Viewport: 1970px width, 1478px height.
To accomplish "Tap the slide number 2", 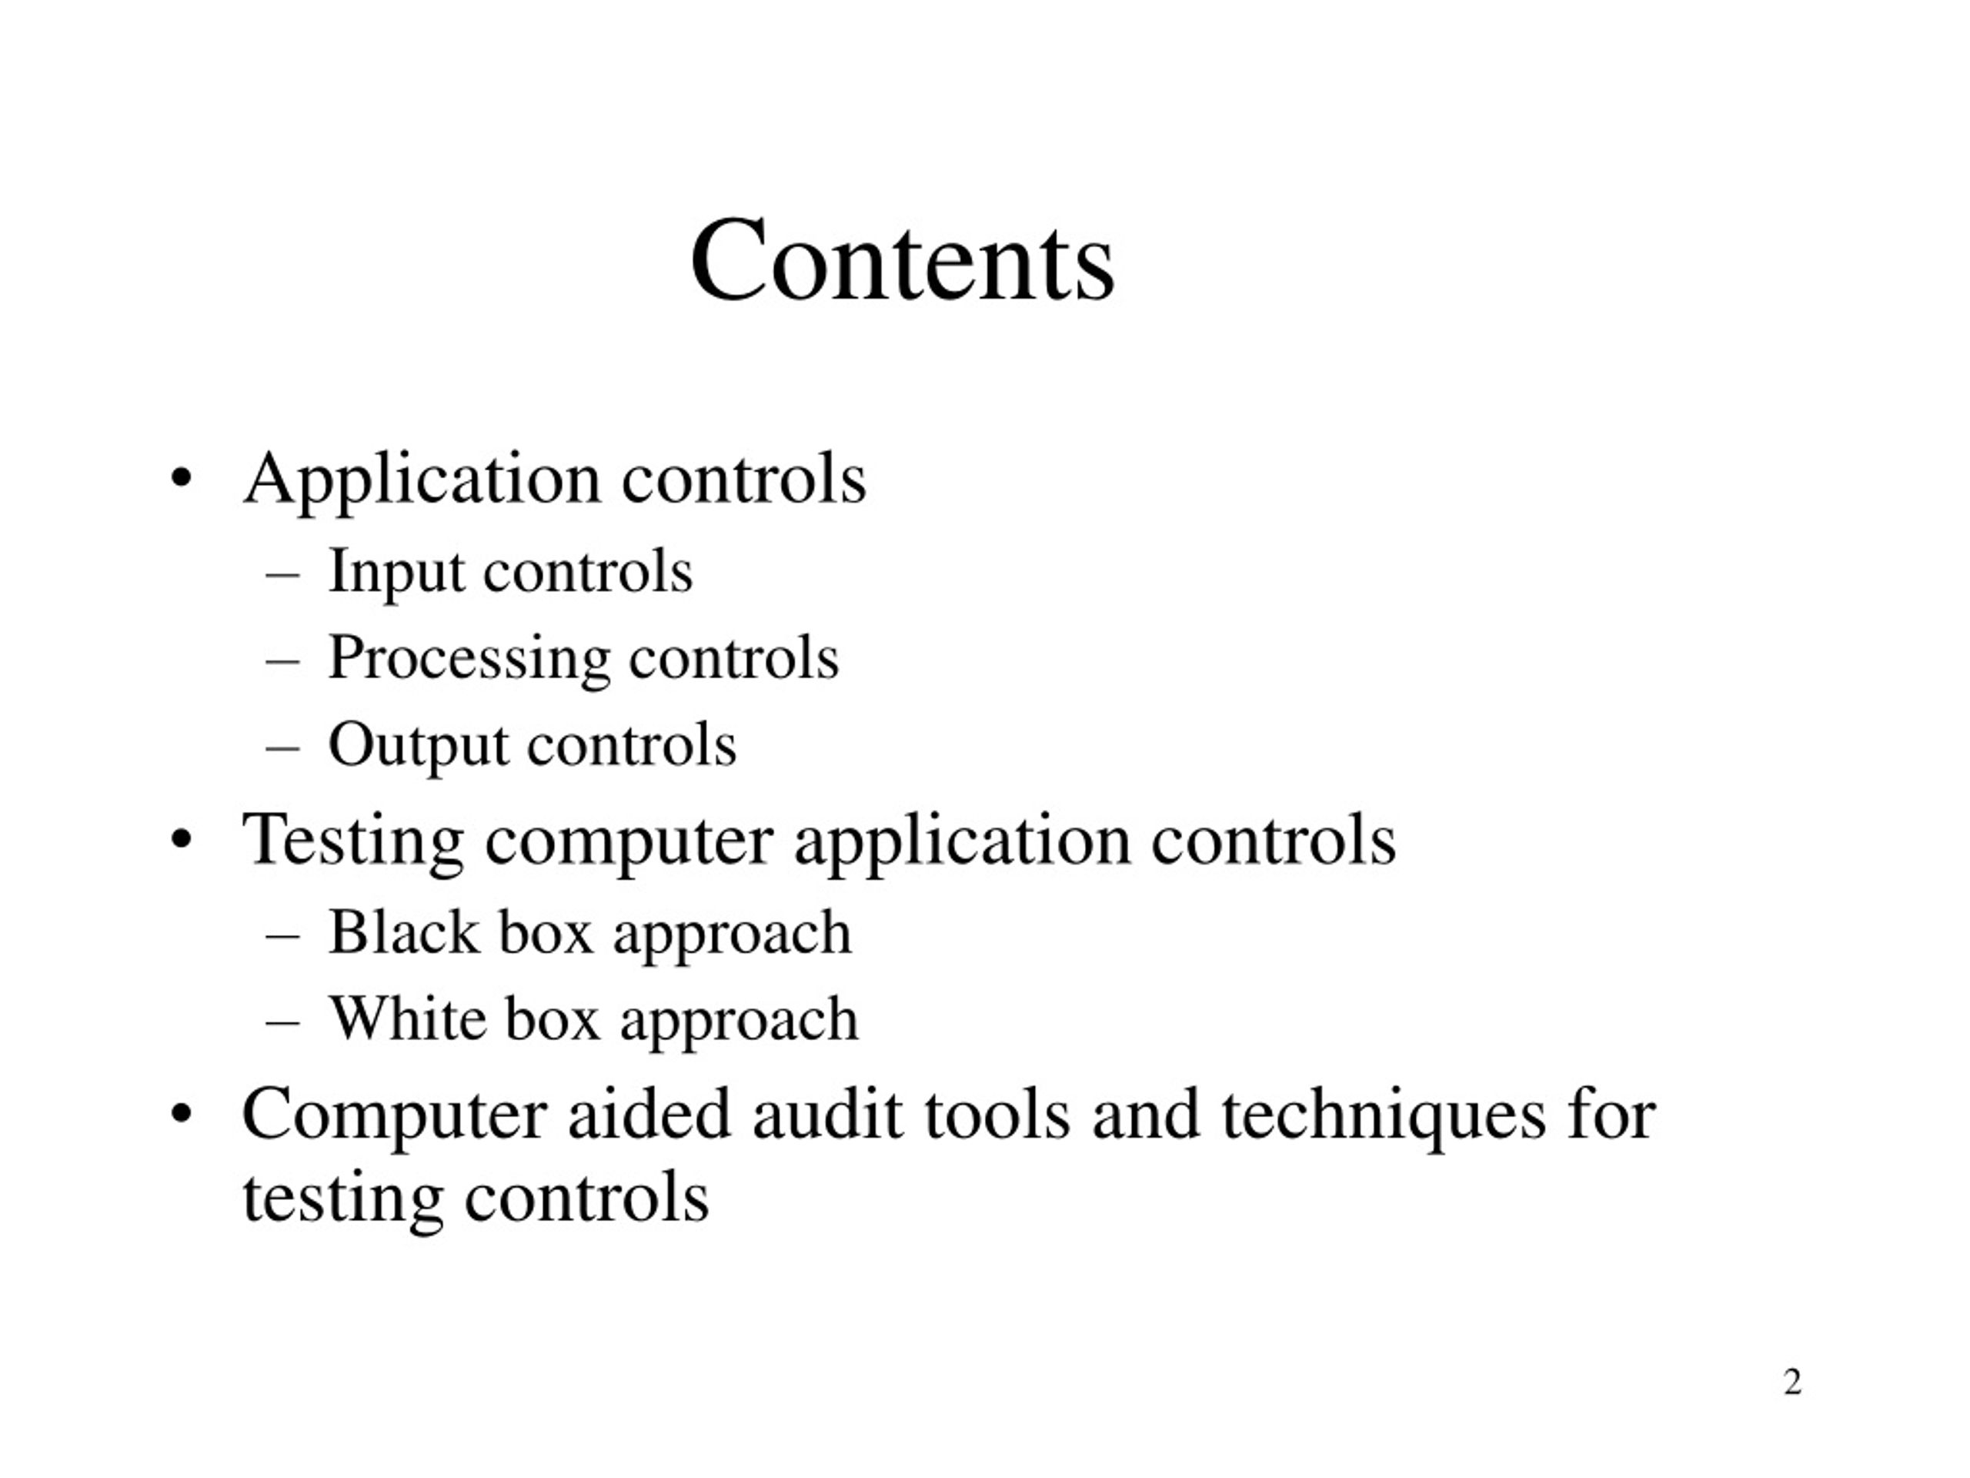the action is tap(1792, 1382).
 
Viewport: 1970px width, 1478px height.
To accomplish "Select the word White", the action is tap(408, 1018).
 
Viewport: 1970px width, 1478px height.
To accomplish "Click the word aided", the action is tap(649, 1114).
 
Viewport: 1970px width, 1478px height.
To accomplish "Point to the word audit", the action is tap(827, 1114).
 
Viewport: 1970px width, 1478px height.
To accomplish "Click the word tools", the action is tap(997, 1115).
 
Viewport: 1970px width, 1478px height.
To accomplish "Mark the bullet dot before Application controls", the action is tap(181, 480).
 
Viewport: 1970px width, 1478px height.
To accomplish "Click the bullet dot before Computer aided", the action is tap(181, 1114).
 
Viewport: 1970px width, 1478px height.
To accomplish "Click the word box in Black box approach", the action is tap(546, 933).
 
